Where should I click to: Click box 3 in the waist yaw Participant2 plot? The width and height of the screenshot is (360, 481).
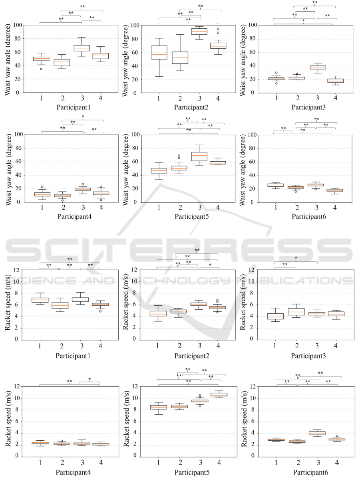click(199, 31)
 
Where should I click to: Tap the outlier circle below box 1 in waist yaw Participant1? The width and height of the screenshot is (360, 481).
click(41, 69)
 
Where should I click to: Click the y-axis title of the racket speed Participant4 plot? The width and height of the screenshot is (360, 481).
click(8, 421)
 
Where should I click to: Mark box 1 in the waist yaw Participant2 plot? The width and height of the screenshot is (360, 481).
click(159, 52)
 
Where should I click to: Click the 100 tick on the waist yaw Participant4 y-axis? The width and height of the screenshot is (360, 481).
click(17, 135)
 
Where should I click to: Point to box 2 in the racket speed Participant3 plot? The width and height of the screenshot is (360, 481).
click(296, 311)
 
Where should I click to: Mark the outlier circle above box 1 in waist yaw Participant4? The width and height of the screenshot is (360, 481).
click(42, 187)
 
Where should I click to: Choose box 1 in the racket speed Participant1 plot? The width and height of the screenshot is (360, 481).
click(40, 300)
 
